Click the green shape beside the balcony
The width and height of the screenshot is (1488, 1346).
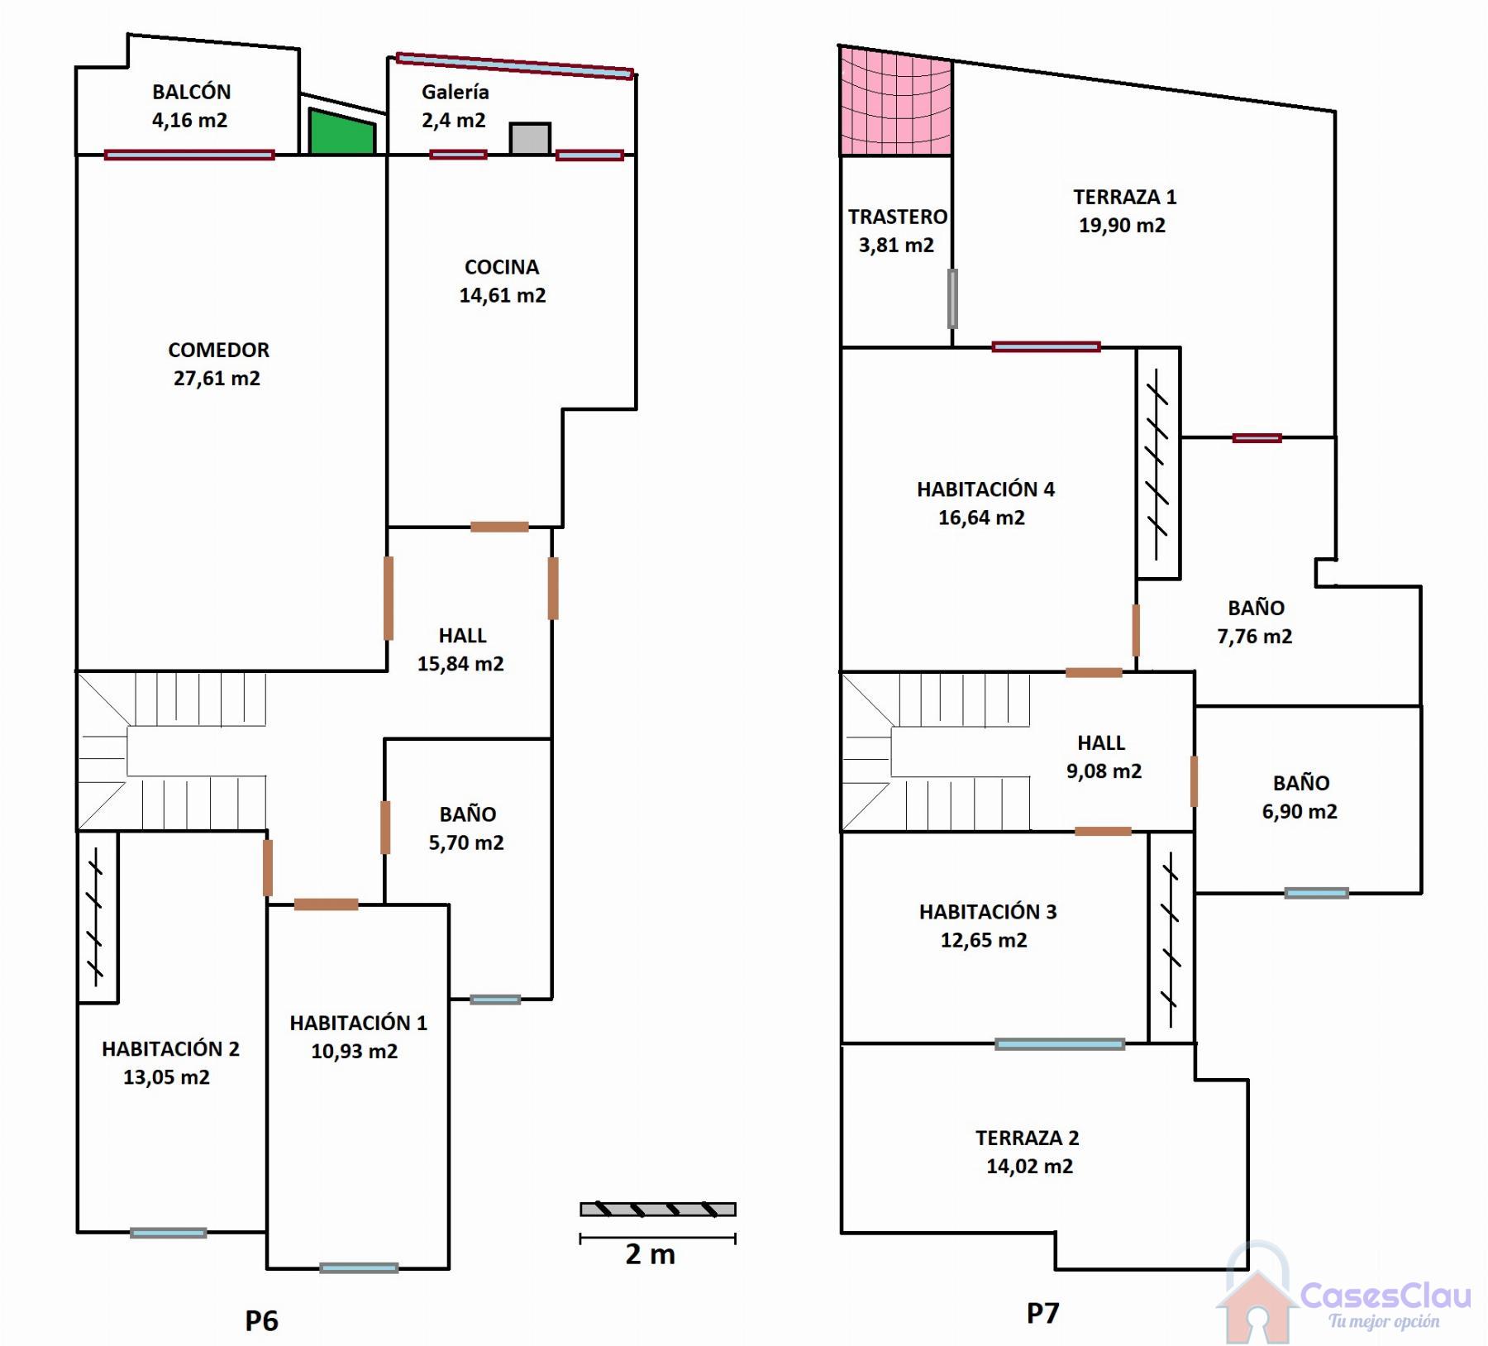(x=341, y=133)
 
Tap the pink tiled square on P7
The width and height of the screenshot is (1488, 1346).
(x=896, y=101)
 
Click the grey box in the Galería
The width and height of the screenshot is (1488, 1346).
(x=530, y=139)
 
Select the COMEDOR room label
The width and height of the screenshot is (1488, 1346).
(x=219, y=350)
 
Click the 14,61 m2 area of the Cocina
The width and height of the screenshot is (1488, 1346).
(x=503, y=296)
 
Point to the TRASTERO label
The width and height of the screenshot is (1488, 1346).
(x=898, y=217)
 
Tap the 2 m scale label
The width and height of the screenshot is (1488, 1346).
(x=651, y=1254)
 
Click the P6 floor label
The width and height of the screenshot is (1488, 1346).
(x=261, y=1320)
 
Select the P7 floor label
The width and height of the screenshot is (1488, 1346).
(x=1042, y=1313)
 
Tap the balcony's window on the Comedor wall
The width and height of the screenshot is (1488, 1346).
(x=189, y=155)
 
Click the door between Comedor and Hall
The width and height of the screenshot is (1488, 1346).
(x=389, y=599)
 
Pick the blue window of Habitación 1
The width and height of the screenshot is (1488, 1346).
(x=359, y=1268)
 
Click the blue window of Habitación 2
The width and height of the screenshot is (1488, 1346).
(x=169, y=1233)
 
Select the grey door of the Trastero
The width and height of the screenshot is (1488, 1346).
(x=952, y=298)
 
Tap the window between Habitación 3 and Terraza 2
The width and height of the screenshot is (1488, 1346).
(x=1060, y=1044)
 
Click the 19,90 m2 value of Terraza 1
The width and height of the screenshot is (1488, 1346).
(x=1123, y=226)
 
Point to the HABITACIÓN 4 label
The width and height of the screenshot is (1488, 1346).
(x=986, y=489)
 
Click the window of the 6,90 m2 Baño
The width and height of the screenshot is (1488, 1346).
(x=1317, y=893)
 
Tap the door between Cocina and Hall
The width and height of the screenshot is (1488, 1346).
(x=500, y=527)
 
